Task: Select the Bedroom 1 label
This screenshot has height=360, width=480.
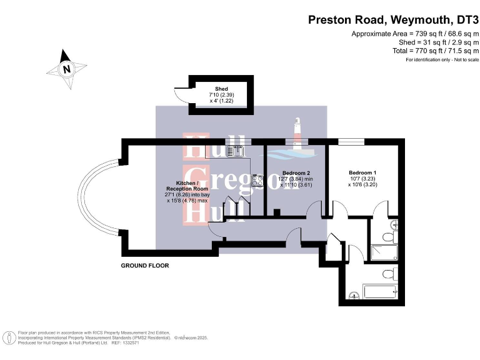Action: [362, 172]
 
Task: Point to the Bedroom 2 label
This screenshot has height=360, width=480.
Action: [296, 172]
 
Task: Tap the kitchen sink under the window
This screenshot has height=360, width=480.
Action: [237, 150]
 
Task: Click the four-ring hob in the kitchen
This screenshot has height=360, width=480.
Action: [257, 181]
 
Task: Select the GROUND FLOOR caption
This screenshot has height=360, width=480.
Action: [145, 266]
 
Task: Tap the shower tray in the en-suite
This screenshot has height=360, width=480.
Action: [382, 252]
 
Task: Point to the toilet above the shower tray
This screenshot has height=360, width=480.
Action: [387, 237]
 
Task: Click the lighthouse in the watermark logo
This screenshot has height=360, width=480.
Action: [299, 133]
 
